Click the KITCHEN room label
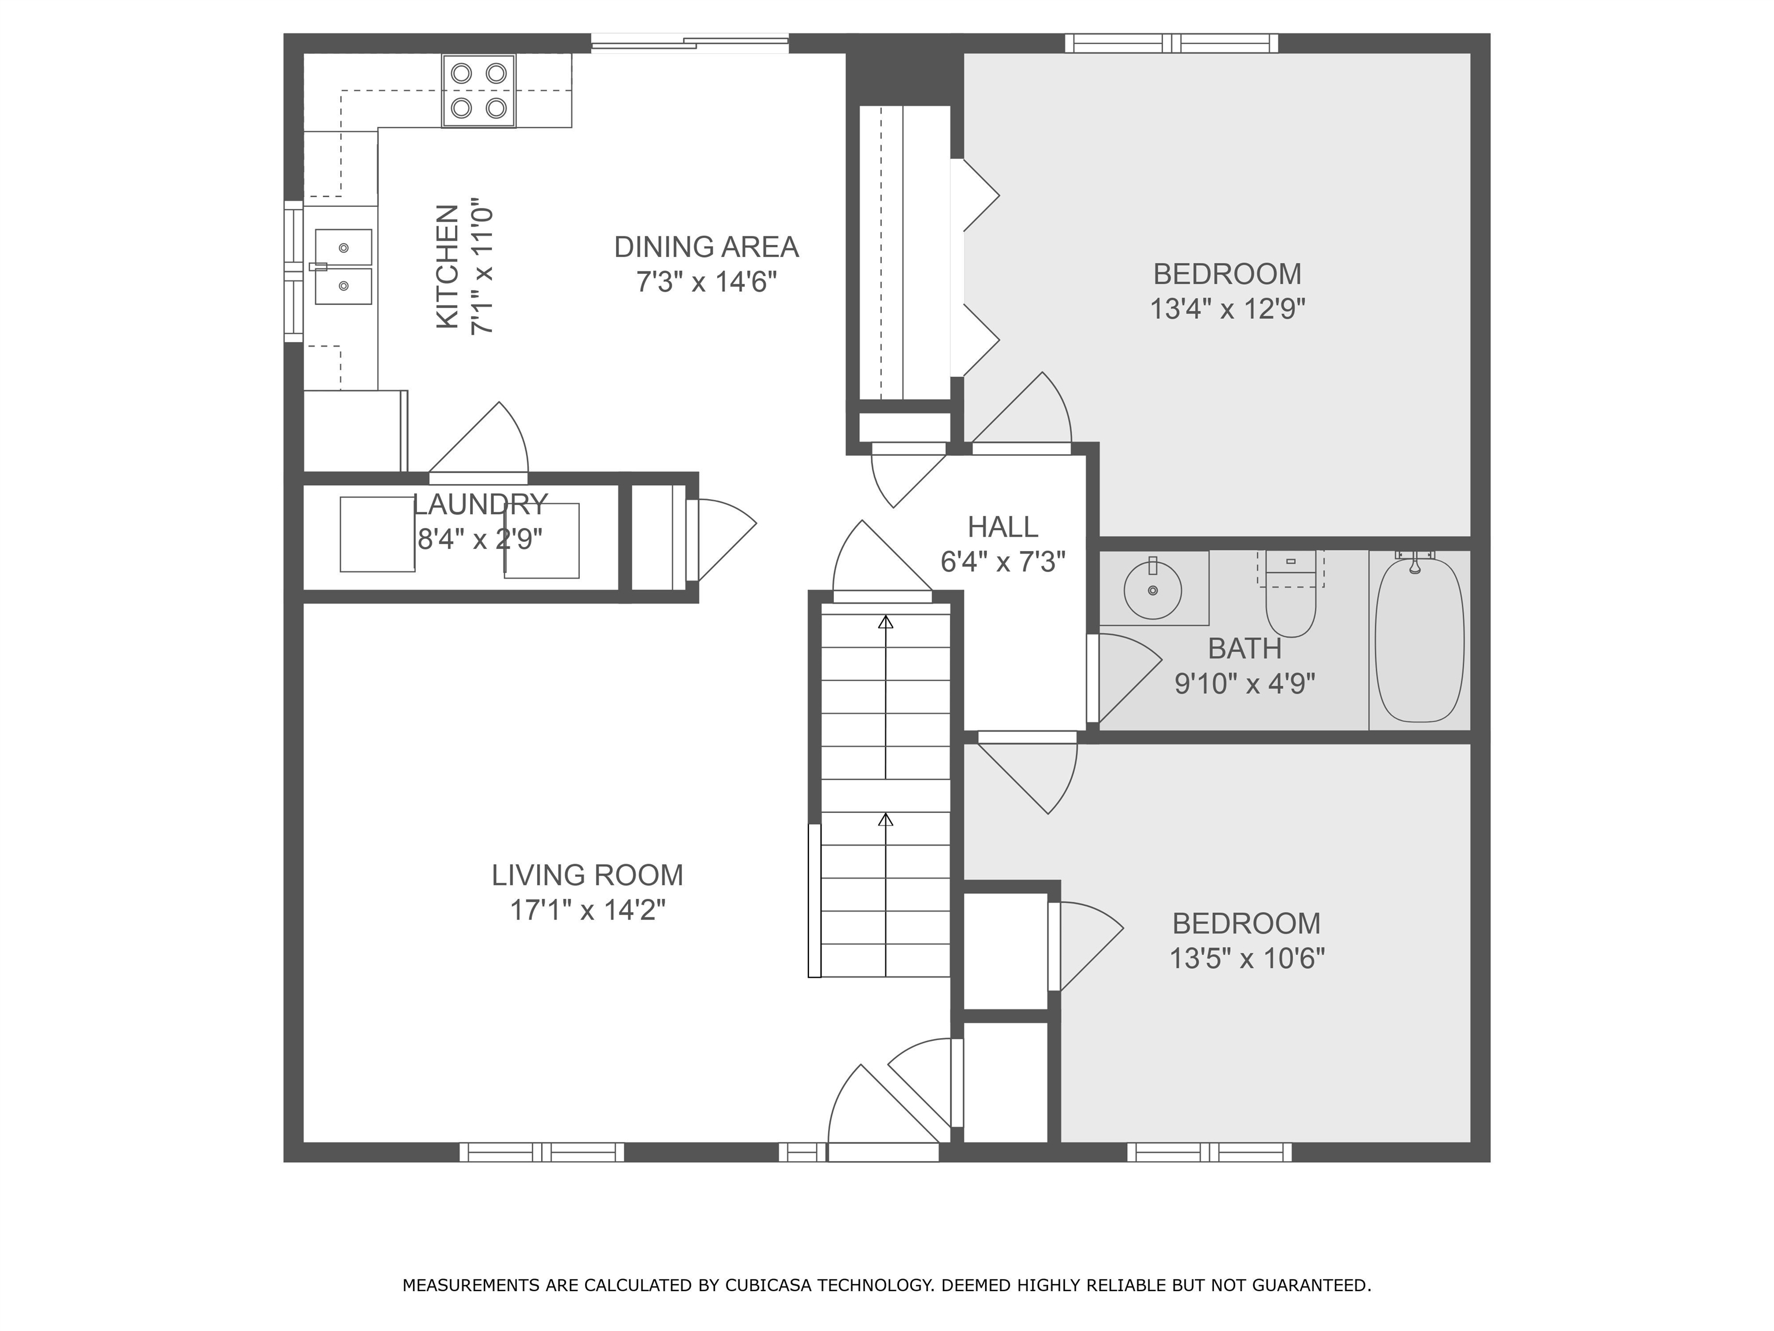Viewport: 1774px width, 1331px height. pos(448,266)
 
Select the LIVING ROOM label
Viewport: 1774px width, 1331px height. pos(588,875)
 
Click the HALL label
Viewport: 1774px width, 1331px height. pos(1002,527)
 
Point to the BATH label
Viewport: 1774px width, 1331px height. pos(1244,648)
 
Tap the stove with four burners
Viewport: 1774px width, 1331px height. pos(479,91)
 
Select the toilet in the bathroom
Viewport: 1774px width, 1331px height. pos(1291,594)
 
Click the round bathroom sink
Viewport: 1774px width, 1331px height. pos(1153,590)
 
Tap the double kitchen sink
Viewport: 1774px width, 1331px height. pos(343,267)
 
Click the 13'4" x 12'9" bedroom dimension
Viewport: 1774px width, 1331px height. pos(1228,309)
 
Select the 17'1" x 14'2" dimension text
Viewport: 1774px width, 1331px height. pos(588,910)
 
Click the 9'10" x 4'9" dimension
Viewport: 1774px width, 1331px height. pos(1244,683)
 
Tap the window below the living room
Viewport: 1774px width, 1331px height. pos(542,1152)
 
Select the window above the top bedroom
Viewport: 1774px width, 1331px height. pos(1172,43)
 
